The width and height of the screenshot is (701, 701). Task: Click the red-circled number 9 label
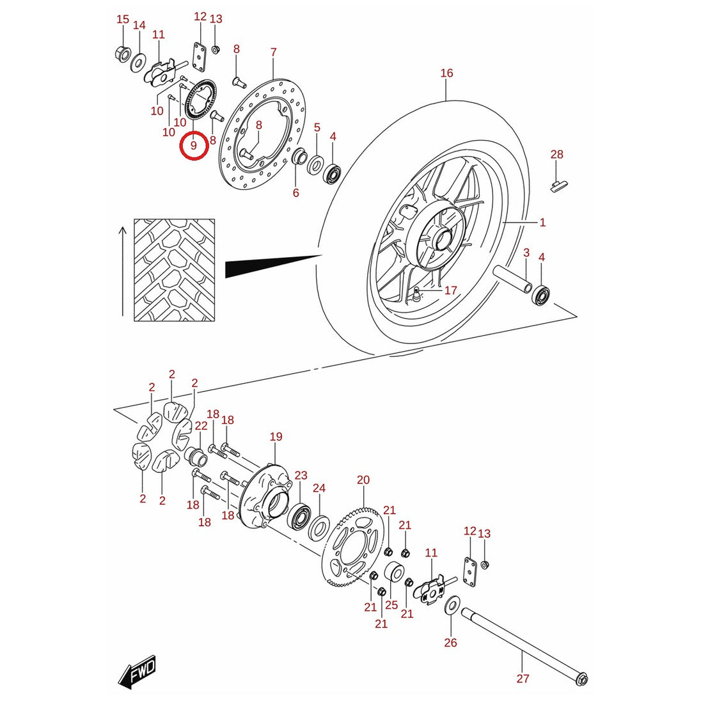(194, 145)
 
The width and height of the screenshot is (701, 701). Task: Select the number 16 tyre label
(446, 73)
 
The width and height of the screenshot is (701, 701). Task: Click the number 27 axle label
(523, 678)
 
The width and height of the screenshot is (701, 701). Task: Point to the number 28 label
(556, 154)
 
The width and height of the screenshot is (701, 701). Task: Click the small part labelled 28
(558, 185)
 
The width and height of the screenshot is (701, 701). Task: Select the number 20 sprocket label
(363, 480)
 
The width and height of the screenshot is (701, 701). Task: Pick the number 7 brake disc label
(274, 52)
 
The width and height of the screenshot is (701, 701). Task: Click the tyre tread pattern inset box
(175, 270)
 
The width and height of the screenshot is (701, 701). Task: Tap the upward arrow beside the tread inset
(123, 271)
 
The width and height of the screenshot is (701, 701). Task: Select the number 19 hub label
(276, 436)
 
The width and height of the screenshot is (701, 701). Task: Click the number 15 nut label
(123, 19)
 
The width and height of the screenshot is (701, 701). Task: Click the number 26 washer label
(450, 642)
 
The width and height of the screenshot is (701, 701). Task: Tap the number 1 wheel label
(542, 222)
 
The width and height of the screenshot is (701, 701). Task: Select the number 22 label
(201, 425)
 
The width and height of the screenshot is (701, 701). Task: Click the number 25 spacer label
(391, 605)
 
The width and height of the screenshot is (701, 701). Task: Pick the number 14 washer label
(139, 25)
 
